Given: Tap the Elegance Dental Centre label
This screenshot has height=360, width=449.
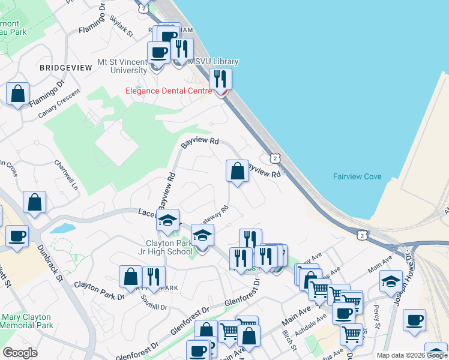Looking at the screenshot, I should pos(168,91).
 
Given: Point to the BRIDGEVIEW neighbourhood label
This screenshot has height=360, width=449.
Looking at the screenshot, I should pos(66,68).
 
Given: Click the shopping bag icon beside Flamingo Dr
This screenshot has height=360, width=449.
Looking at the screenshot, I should pos(18,94).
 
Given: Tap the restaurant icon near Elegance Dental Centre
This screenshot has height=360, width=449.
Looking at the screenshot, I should pos(220,79).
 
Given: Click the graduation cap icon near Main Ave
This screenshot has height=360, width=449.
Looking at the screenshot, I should pos(391,281).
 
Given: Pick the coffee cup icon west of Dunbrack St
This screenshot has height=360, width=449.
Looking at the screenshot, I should pos(17,236).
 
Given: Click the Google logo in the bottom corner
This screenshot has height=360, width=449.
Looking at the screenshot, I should pos(20,353).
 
